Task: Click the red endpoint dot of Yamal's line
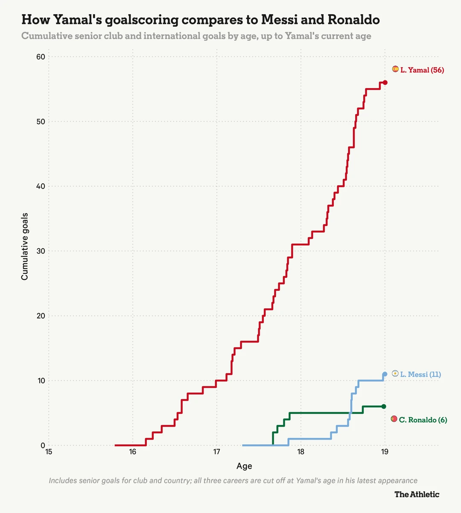[385, 83]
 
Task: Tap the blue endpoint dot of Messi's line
[385, 374]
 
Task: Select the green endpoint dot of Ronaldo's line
[384, 407]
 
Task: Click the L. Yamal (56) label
[422, 70]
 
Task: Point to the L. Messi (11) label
[420, 374]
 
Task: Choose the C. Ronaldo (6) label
[423, 420]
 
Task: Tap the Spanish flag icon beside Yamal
[395, 69]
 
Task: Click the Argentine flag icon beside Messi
[395, 374]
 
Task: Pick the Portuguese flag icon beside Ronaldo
[394, 419]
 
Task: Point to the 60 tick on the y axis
[41, 57]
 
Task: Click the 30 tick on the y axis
[41, 251]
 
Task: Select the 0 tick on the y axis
[43, 445]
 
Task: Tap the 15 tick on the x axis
[49, 452]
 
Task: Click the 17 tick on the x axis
[216, 452]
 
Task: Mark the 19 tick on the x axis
[385, 452]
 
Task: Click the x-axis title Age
[244, 466]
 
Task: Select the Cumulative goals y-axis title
[24, 247]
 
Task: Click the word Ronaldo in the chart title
[354, 19]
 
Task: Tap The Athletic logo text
[417, 494]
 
